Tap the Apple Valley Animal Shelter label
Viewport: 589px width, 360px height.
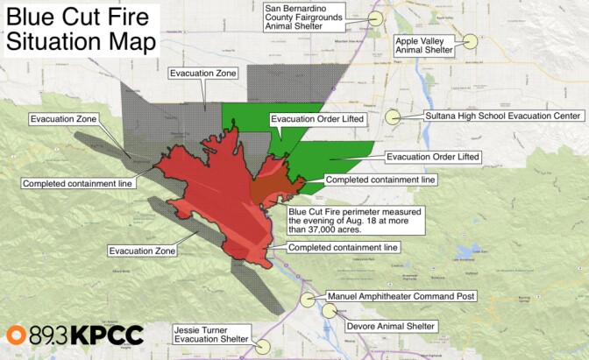click(x=424, y=46)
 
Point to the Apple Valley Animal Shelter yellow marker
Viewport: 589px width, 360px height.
click(x=471, y=40)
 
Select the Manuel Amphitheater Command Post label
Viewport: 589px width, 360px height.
click(x=401, y=297)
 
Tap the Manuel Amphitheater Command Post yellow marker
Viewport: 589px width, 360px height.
click(x=308, y=299)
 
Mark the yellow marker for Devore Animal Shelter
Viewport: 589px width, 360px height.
click(x=330, y=310)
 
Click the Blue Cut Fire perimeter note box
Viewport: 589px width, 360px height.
click(x=356, y=222)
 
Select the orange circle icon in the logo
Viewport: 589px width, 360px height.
click(x=17, y=335)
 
